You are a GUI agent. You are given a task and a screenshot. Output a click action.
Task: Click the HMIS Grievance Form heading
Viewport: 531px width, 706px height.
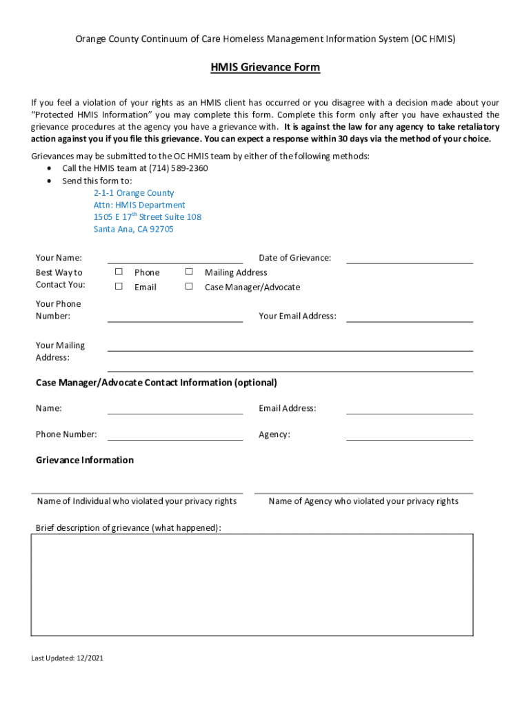(x=265, y=68)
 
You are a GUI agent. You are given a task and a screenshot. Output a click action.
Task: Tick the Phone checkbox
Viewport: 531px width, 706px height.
(x=119, y=272)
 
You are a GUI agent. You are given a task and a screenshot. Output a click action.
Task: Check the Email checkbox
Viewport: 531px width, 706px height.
(x=119, y=286)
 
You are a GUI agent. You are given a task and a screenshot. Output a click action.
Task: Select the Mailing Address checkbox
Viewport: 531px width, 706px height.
(x=188, y=272)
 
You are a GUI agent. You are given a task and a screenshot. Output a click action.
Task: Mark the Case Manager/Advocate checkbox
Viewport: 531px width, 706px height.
(x=188, y=286)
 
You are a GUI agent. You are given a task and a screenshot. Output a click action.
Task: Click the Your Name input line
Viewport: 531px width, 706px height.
(x=175, y=259)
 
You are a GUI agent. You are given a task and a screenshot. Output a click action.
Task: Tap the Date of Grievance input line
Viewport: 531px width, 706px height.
(x=409, y=259)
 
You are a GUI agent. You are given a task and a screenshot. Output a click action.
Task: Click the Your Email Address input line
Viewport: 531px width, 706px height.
(x=409, y=317)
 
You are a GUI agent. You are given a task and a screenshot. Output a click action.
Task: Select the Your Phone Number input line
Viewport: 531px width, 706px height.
(x=175, y=317)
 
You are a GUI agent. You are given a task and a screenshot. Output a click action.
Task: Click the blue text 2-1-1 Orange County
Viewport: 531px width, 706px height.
(x=134, y=193)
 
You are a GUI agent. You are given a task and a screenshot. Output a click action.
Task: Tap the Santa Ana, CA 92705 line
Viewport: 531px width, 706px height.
(x=134, y=229)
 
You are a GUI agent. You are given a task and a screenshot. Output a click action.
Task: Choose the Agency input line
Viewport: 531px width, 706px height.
(x=409, y=435)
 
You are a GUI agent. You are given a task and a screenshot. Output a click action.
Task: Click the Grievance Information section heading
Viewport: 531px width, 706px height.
(x=85, y=460)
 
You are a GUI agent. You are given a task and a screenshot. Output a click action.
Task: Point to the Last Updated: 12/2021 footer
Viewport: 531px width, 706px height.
(x=68, y=658)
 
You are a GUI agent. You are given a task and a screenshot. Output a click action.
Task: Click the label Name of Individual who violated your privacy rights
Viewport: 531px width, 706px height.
(x=137, y=501)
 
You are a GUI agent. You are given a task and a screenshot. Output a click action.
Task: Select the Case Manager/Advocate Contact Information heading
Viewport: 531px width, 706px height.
(x=157, y=383)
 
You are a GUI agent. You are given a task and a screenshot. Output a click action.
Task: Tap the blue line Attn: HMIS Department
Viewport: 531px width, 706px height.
(x=139, y=205)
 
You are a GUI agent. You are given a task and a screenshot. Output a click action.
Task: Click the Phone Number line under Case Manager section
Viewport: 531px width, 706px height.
(x=175, y=435)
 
